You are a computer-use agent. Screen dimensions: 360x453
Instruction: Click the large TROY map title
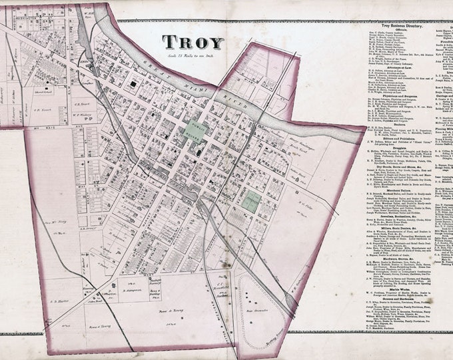[193, 42]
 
